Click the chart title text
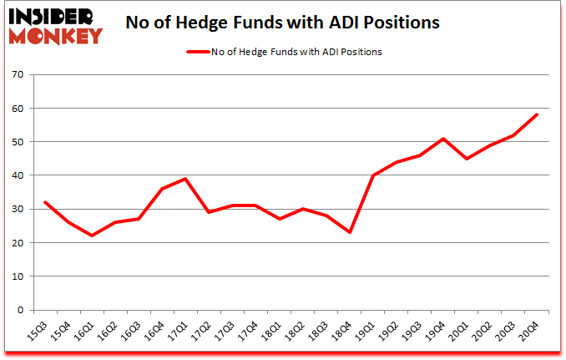coord(282,22)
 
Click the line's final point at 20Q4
coord(536,114)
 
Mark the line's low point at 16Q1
coord(92,236)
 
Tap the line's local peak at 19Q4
coord(442,139)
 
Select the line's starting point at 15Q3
coord(45,202)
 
